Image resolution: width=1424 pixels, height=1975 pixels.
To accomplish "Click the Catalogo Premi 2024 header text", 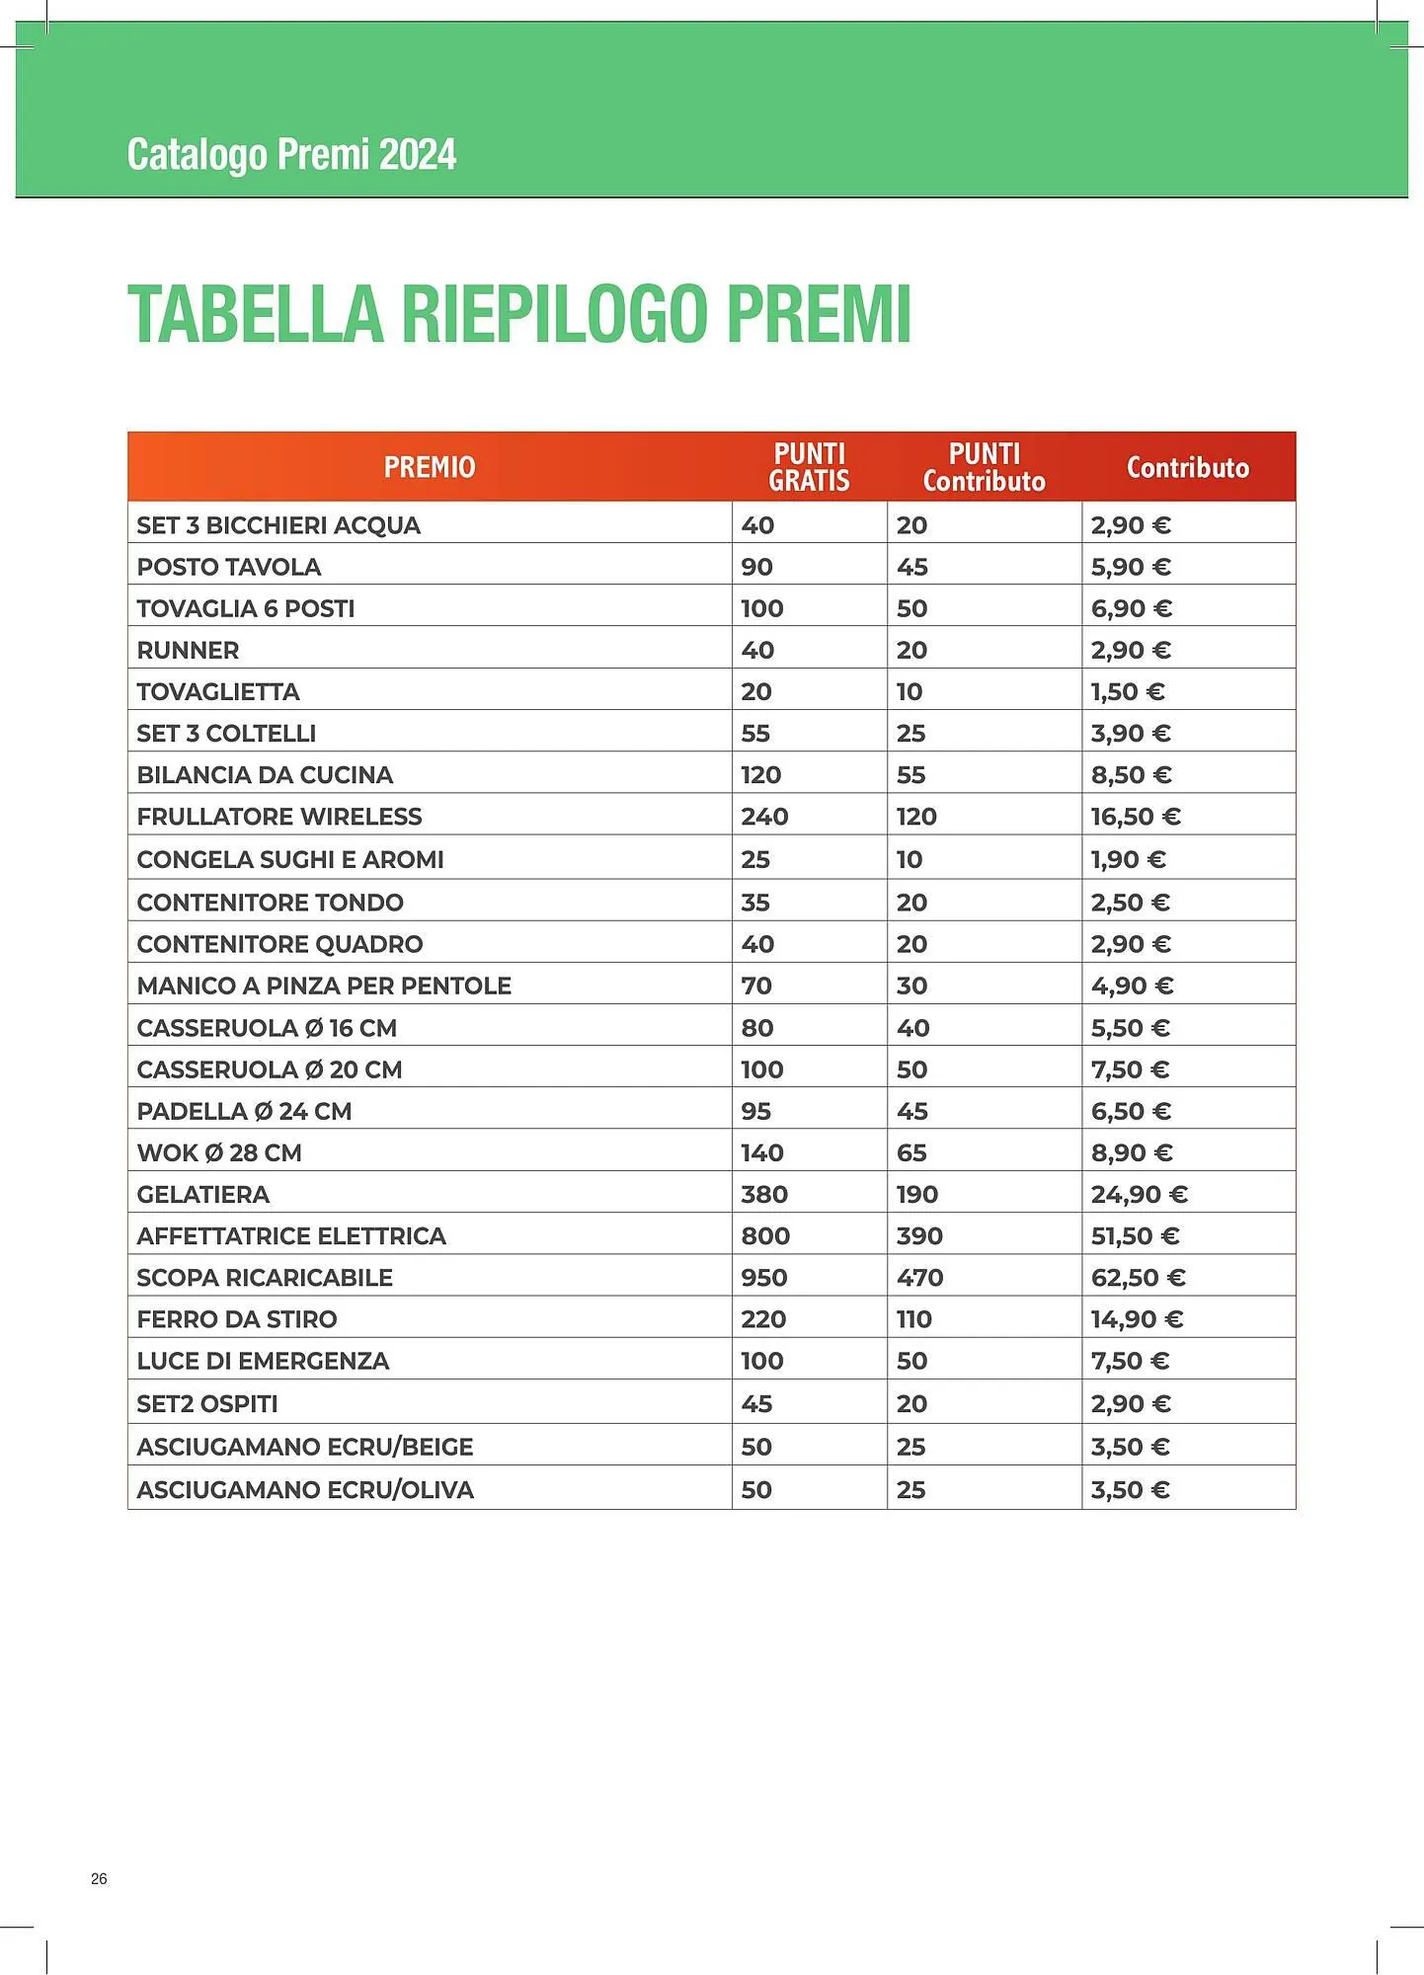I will click(291, 155).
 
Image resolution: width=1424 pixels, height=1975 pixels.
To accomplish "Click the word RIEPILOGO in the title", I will click(554, 314).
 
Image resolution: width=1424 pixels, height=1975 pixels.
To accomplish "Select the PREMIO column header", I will click(430, 467).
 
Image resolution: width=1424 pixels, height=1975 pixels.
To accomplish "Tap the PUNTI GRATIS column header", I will click(809, 467).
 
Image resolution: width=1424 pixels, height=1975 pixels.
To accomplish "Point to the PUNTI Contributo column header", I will click(984, 467).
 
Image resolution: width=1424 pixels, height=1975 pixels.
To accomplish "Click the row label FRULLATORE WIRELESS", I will click(279, 817).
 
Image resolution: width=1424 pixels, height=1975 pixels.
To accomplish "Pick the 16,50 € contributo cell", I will click(1136, 817).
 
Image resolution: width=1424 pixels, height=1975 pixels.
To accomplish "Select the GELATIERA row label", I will click(203, 1195).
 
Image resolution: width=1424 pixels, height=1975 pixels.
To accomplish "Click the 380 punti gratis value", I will click(764, 1195).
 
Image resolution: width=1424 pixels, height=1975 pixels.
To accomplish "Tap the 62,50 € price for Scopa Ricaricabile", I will click(1138, 1278).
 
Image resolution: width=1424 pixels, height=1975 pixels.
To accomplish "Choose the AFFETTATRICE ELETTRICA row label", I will click(291, 1236).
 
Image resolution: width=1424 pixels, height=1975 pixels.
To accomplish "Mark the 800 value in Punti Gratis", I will click(765, 1236).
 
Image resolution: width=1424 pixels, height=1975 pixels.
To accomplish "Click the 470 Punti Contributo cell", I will click(919, 1278).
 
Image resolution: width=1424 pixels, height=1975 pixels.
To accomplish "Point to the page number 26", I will click(99, 1878).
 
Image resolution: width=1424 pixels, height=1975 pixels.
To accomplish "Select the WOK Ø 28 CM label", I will click(219, 1153).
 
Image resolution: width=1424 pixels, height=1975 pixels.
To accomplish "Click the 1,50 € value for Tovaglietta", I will click(1128, 692).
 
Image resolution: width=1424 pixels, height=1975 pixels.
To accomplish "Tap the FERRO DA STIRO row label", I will click(237, 1319).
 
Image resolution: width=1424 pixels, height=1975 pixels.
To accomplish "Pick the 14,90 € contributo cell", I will click(1137, 1319).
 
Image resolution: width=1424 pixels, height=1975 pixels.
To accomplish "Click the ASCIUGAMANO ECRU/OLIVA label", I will click(305, 1490).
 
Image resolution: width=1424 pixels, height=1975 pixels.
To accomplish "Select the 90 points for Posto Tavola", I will click(757, 567).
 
